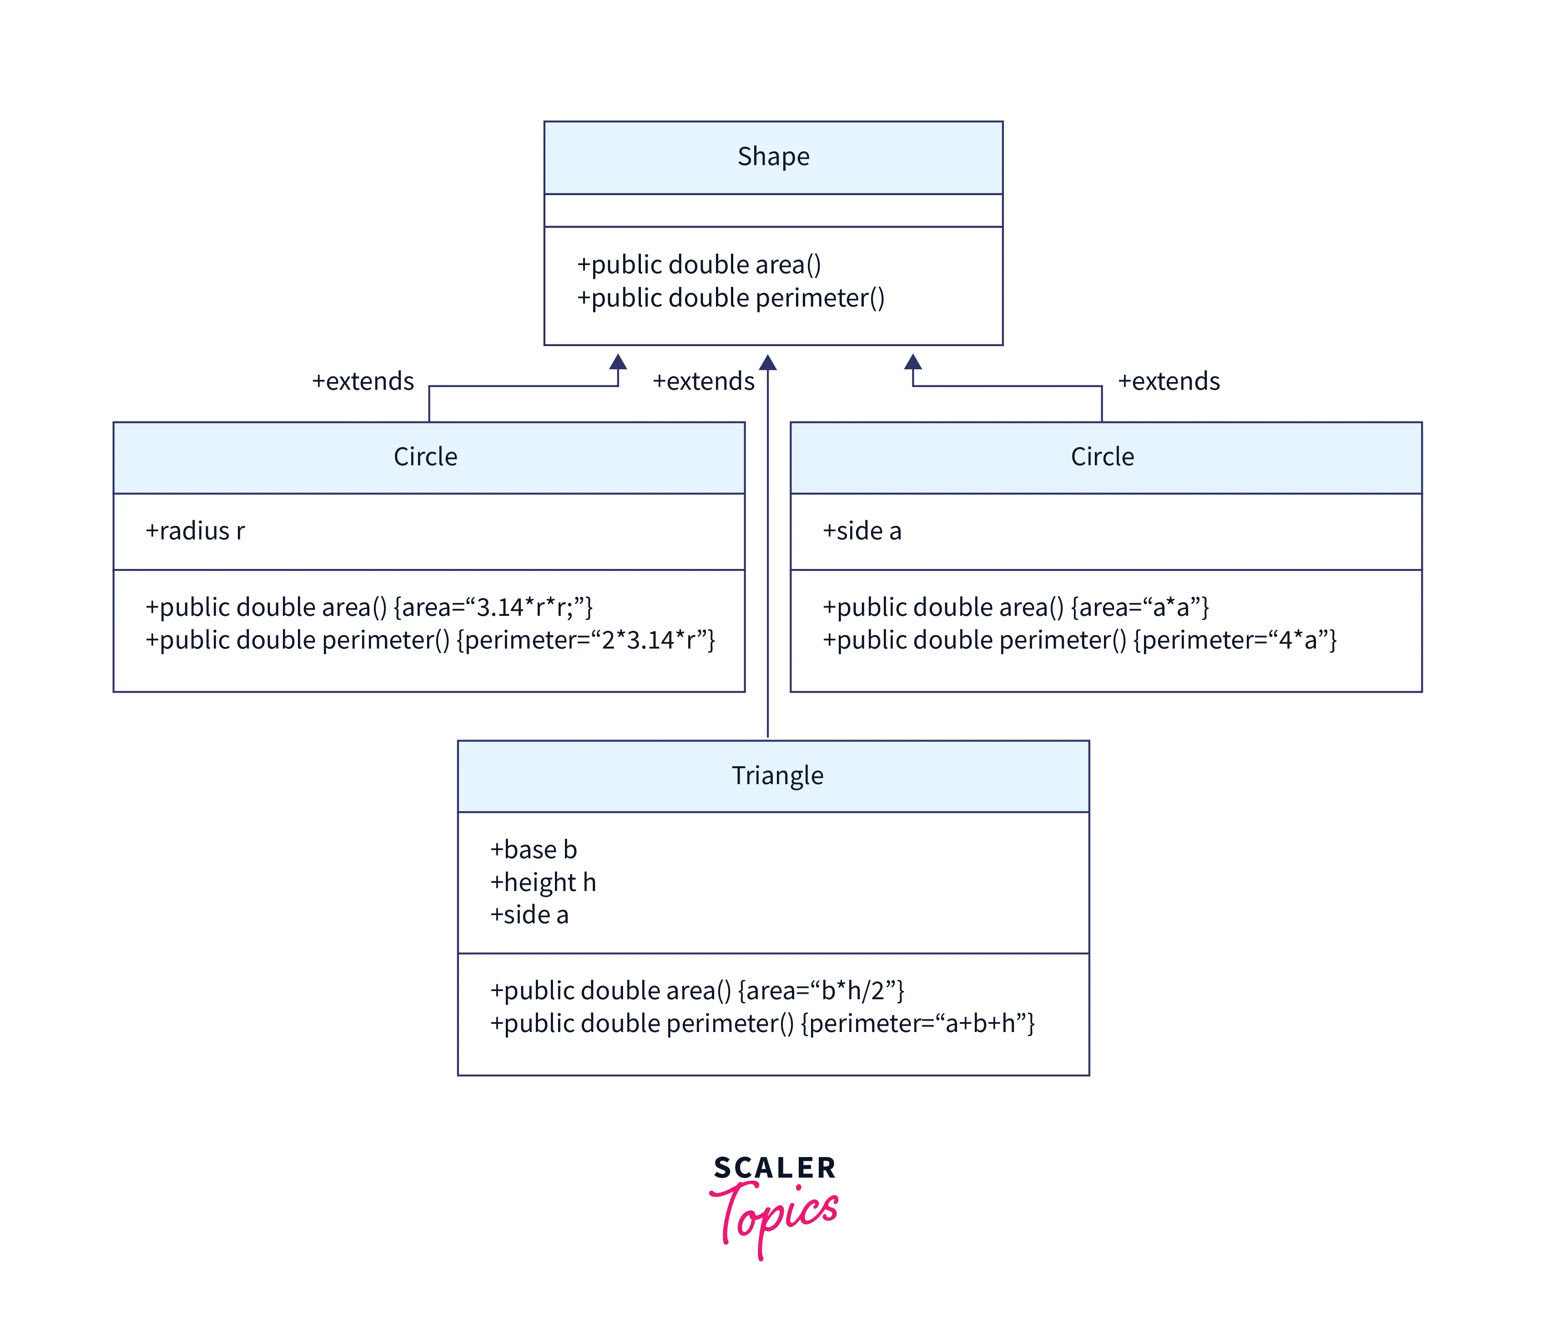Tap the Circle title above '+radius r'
click(425, 456)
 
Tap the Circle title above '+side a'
click(1102, 456)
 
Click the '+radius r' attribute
click(195, 530)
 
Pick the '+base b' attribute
click(533, 849)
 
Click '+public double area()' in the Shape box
click(699, 265)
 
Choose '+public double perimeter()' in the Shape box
click(731, 298)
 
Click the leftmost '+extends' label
click(363, 381)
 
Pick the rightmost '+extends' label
click(1168, 381)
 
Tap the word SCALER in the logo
click(774, 1168)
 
